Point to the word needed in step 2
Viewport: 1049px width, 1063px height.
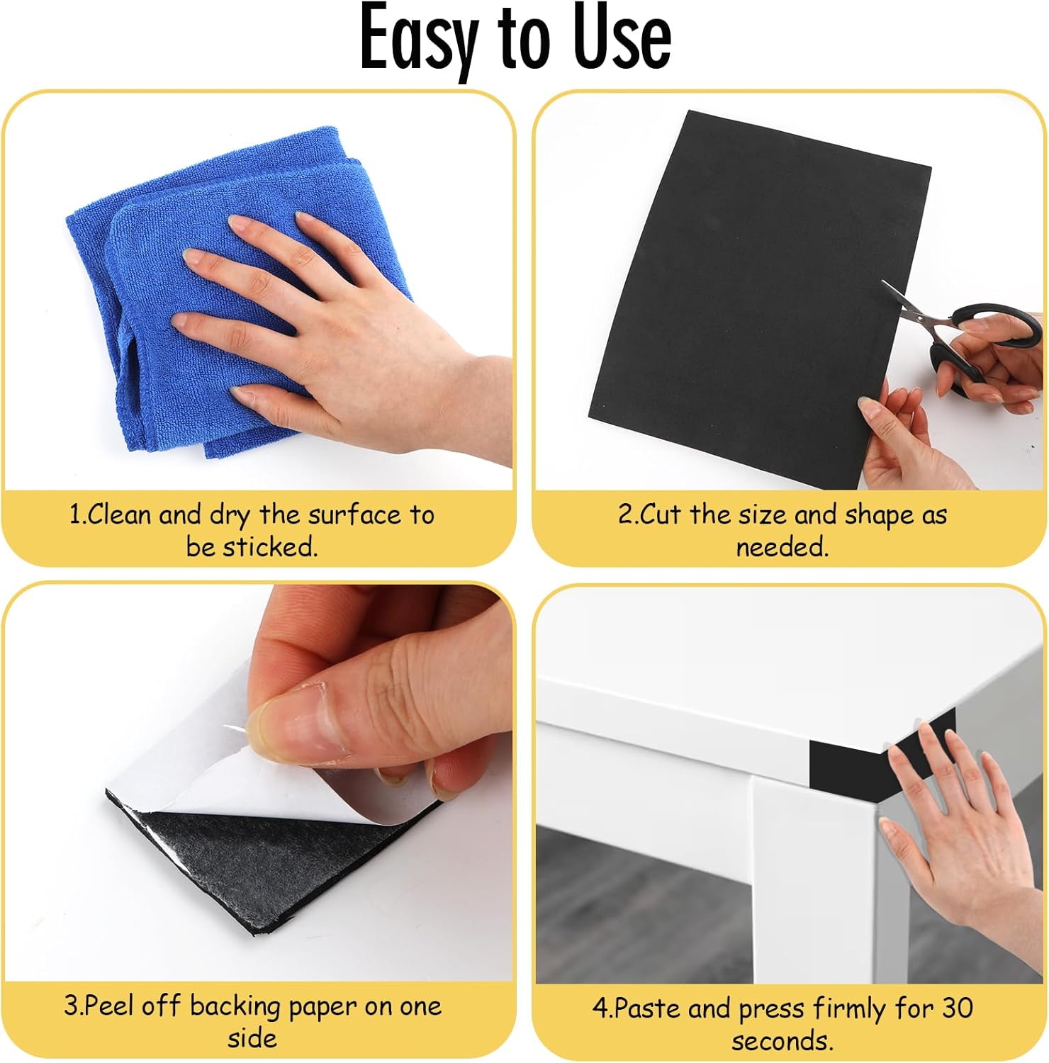pos(781,547)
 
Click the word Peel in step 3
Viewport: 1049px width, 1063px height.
pos(109,1006)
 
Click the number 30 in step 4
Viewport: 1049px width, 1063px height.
pos(957,1008)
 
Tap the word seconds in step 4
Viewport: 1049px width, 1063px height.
pos(781,1041)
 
